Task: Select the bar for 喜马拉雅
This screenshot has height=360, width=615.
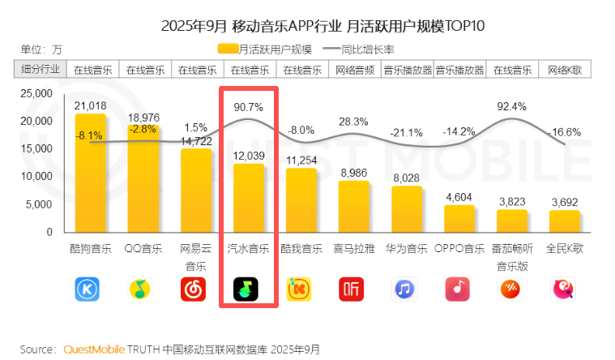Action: coord(353,206)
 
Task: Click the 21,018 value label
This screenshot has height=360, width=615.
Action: coord(90,105)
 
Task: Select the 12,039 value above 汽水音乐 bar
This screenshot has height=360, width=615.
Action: coord(248,155)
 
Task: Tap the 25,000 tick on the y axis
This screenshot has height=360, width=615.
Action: coord(36,94)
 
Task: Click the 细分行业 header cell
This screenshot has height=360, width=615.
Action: coord(41,69)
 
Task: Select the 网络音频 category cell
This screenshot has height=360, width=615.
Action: coord(353,69)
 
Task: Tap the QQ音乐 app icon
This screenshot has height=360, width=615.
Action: coord(143,289)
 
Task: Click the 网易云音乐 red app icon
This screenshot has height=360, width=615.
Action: coord(195,289)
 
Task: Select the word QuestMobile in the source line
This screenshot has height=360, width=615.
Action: coord(94,349)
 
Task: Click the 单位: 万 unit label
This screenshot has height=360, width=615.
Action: coord(41,49)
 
